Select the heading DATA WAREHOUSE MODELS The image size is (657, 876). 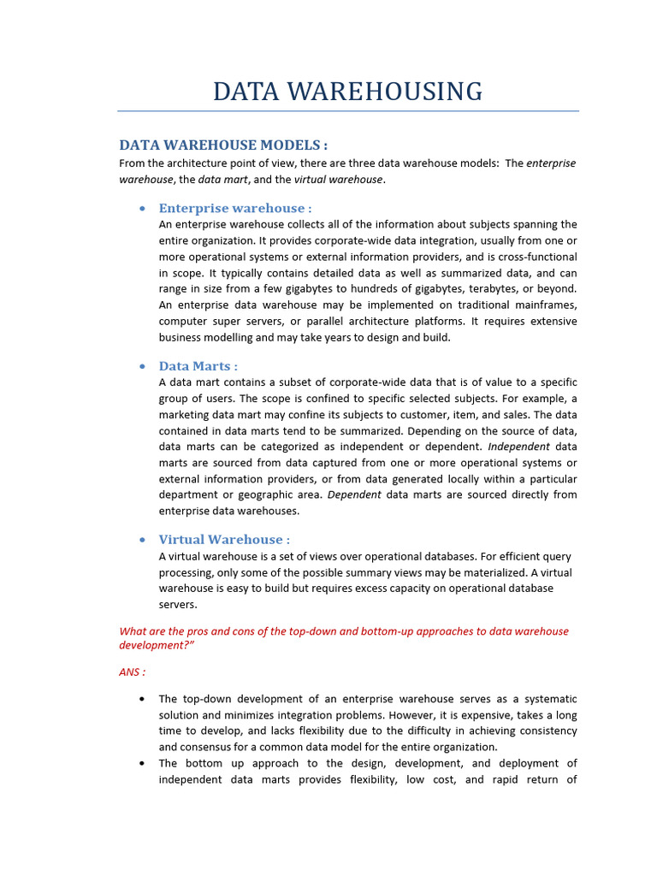(x=222, y=145)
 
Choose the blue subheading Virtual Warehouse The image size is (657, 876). (x=224, y=539)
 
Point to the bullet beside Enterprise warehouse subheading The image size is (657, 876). (x=141, y=209)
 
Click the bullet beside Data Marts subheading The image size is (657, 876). (x=141, y=367)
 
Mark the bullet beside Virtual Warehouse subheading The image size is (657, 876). (x=141, y=540)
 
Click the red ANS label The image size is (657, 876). (x=132, y=672)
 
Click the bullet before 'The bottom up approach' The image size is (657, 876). (x=141, y=763)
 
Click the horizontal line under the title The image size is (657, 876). (x=347, y=111)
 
